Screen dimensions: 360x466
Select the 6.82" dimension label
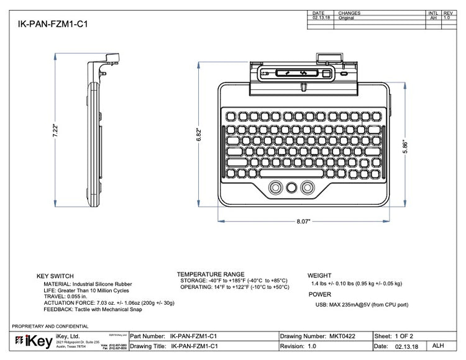click(x=199, y=136)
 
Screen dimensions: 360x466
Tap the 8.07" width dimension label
click(x=303, y=220)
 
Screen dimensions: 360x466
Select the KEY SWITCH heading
click(x=55, y=276)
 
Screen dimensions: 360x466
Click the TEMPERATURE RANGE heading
click(x=211, y=274)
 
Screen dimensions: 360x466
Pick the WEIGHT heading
click(x=320, y=276)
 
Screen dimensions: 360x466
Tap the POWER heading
click(x=319, y=295)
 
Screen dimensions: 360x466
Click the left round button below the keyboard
click(x=274, y=187)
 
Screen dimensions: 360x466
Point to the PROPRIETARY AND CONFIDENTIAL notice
click(x=50, y=326)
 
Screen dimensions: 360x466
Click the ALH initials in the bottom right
click(x=438, y=346)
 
